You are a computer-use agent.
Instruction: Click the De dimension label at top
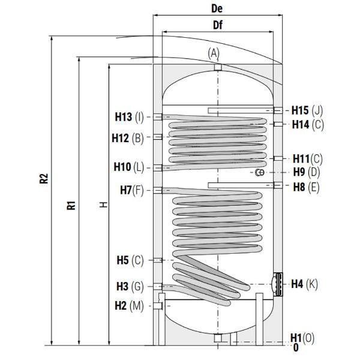217,8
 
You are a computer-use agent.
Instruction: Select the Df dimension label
218,25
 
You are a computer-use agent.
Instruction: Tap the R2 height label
44,178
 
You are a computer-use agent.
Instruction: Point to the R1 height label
71,205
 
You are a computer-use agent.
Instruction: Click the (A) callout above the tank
214,53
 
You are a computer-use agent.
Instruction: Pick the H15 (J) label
307,110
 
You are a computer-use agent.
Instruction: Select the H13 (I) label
129,117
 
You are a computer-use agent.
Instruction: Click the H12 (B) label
128,138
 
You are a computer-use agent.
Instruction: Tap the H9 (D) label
307,172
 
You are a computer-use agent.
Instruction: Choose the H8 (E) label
306,187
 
